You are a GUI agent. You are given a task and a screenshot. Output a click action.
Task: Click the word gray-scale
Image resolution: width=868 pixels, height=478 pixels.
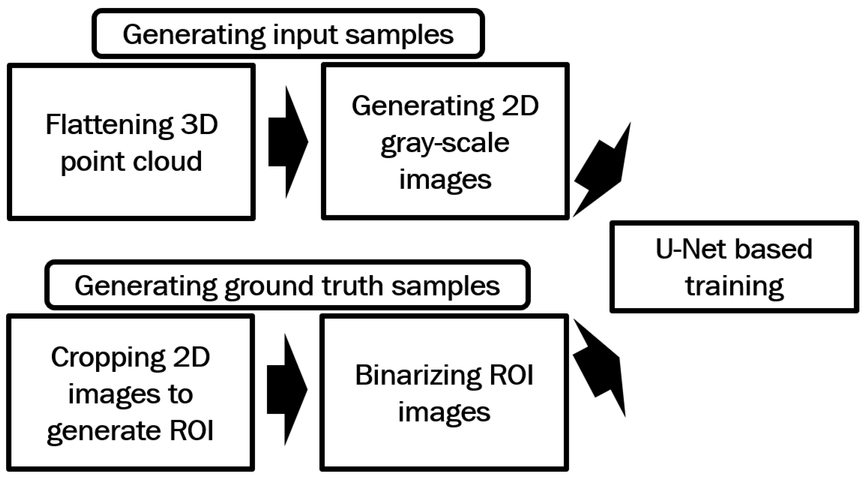click(445, 143)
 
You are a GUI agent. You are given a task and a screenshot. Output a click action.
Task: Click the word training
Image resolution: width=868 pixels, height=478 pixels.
click(734, 286)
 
